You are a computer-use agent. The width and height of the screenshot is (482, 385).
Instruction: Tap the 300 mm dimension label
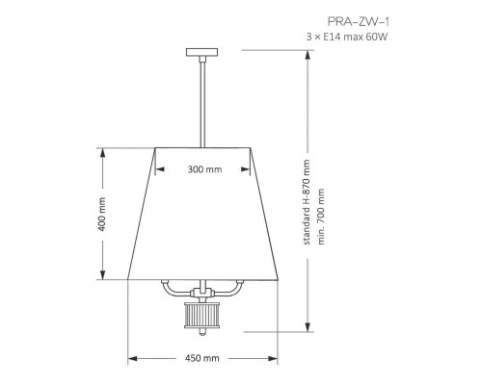[204, 168]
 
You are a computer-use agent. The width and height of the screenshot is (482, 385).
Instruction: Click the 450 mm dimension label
[203, 359]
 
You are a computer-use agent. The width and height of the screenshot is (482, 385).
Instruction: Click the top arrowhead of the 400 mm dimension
[102, 150]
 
